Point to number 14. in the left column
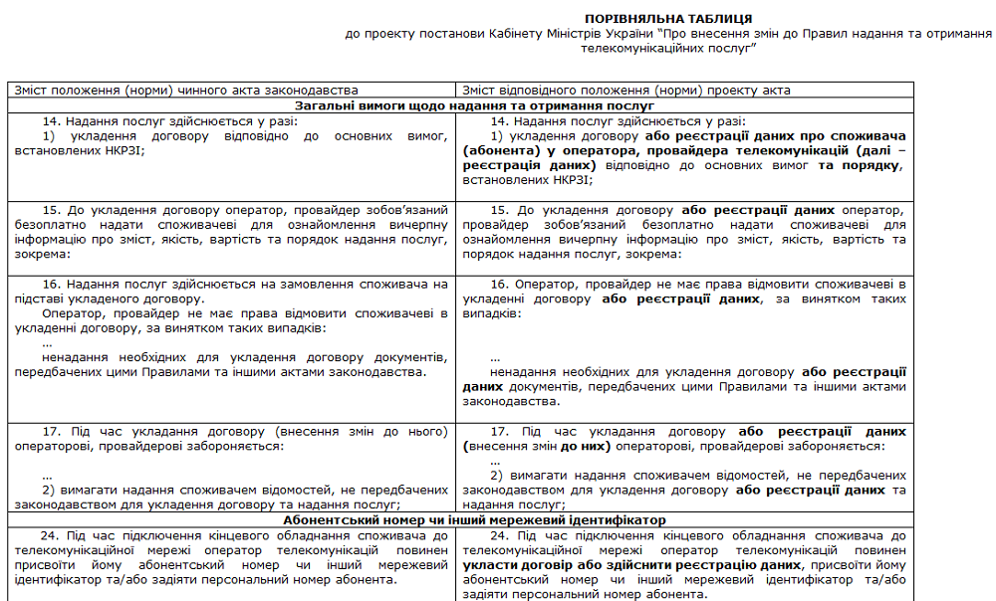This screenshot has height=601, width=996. point(52,120)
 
